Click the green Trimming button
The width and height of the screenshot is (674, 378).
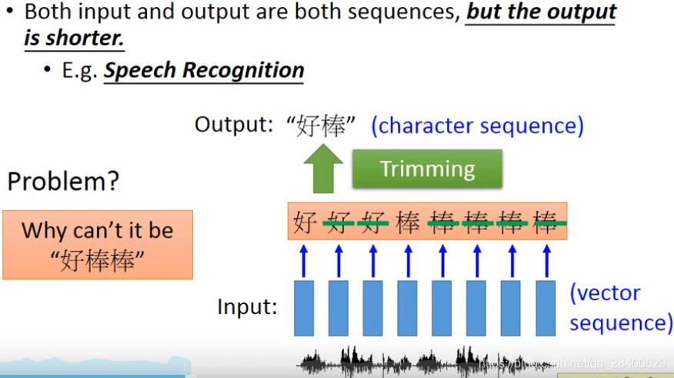(427, 169)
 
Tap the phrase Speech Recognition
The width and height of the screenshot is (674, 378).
(204, 71)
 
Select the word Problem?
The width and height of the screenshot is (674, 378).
(63, 182)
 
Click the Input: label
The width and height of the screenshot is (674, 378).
(246, 307)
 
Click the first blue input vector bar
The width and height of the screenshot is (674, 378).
(304, 308)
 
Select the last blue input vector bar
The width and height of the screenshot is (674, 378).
(546, 308)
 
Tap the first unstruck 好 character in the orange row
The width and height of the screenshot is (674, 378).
(304, 223)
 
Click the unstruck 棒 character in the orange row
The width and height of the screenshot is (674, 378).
(408, 223)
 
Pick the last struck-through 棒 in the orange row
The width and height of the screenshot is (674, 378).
(546, 223)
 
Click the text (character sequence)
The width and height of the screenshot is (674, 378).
(477, 125)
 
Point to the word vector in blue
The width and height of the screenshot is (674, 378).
(605, 293)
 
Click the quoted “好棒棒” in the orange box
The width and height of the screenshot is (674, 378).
(98, 260)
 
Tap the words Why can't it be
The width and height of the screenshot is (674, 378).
(98, 230)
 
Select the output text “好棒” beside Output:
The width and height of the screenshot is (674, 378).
(322, 125)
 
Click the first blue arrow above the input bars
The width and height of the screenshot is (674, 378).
(304, 260)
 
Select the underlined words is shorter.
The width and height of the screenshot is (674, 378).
(75, 38)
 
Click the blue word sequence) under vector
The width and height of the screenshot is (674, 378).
(621, 322)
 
